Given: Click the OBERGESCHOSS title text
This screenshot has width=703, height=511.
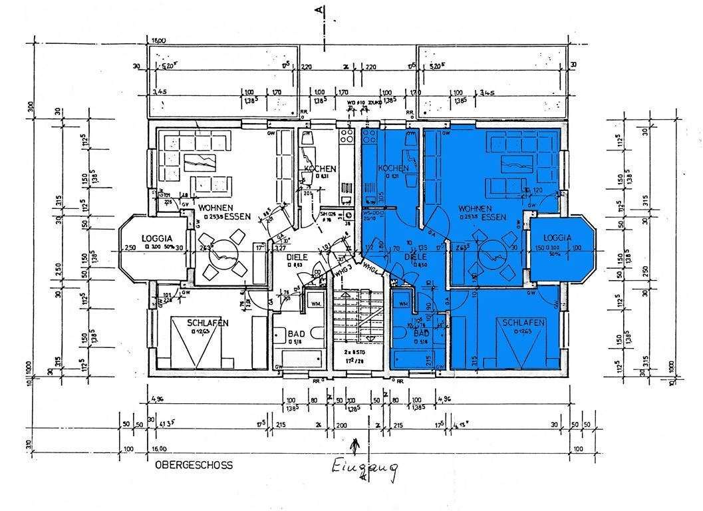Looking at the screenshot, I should pyautogui.click(x=194, y=466).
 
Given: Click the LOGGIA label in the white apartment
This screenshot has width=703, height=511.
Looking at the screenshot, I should pyautogui.click(x=157, y=238).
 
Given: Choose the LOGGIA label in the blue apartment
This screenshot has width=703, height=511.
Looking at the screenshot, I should pyautogui.click(x=557, y=238).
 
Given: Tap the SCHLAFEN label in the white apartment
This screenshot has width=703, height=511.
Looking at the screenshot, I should pyautogui.click(x=208, y=323).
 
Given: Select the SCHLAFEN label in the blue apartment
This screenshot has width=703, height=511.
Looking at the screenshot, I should pyautogui.click(x=524, y=323).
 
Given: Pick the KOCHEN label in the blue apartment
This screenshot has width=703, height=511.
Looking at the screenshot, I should pyautogui.click(x=392, y=168).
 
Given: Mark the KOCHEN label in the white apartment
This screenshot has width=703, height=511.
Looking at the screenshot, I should pyautogui.click(x=320, y=169).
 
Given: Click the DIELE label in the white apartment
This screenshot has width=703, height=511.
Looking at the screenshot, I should pyautogui.click(x=299, y=256).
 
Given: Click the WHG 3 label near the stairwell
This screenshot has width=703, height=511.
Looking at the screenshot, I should pyautogui.click(x=343, y=271).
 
